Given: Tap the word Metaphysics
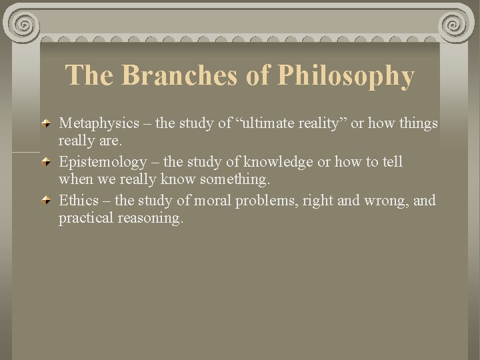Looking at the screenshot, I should tap(99, 123).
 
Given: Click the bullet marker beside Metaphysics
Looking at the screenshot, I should tap(47, 124).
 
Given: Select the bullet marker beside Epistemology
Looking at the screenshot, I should tap(47, 163).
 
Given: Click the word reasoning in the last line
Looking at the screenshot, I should tap(149, 219).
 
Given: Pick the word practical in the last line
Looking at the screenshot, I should tap(84, 218).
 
